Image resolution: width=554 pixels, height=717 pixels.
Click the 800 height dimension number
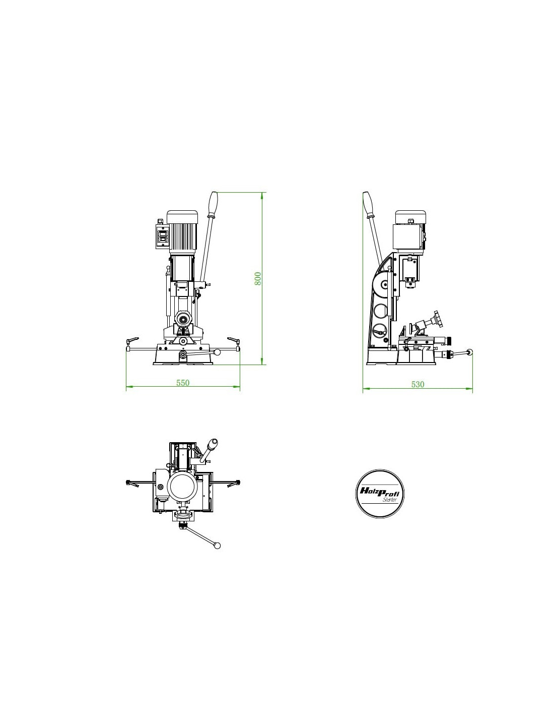point(258,279)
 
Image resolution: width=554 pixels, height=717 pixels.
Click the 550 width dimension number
point(183,383)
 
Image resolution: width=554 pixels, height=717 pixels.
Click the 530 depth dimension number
point(418,384)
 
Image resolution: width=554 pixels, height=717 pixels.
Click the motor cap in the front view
point(182,217)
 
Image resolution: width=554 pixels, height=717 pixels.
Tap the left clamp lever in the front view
point(132,340)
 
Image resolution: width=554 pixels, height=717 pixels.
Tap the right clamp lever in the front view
point(233,340)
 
